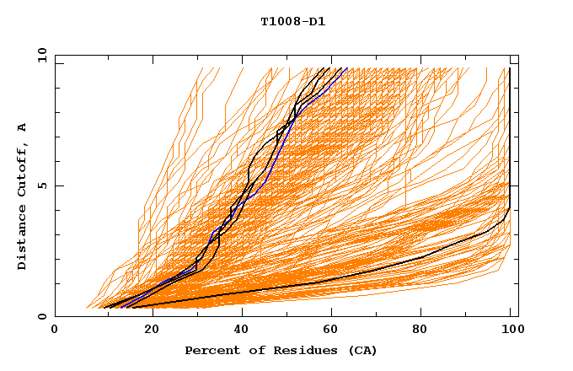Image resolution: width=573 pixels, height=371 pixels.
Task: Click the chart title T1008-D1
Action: pyautogui.click(x=292, y=22)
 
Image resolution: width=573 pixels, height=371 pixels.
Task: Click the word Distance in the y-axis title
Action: pyautogui.click(x=22, y=240)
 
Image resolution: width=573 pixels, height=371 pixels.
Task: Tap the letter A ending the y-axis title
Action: pyautogui.click(x=22, y=127)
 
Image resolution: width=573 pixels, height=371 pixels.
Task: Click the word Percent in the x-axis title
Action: pyautogui.click(x=210, y=350)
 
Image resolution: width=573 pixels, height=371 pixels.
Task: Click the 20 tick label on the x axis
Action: pyautogui.click(x=147, y=330)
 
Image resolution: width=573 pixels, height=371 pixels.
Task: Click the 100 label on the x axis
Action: pyautogui.click(x=511, y=330)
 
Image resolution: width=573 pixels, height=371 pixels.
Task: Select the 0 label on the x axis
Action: pyautogui.click(x=56, y=330)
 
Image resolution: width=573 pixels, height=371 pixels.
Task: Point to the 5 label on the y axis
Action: pyautogui.click(x=41, y=185)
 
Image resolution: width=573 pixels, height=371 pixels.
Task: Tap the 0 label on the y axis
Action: pyautogui.click(x=41, y=316)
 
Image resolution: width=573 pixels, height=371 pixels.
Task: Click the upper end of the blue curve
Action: pyautogui.click(x=346, y=68)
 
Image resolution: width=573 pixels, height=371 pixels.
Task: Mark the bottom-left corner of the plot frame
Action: pyautogui.click(x=56, y=316)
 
